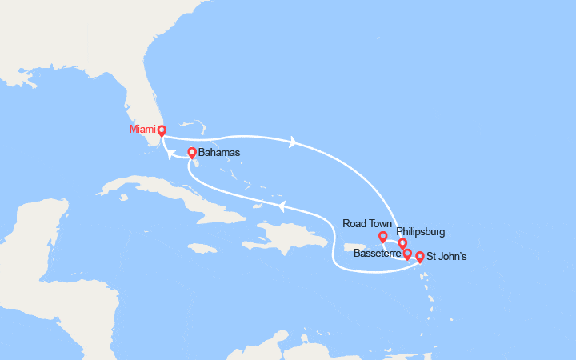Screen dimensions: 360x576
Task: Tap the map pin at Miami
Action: (161, 131)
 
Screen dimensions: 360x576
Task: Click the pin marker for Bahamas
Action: (192, 153)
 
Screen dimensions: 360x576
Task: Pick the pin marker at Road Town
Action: (383, 237)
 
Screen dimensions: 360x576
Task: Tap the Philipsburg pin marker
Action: (402, 244)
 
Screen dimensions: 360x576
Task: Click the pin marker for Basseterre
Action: (407, 254)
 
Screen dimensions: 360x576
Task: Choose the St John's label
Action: (446, 257)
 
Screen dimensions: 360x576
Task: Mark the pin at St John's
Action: (420, 257)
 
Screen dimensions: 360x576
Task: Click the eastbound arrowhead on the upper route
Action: (294, 142)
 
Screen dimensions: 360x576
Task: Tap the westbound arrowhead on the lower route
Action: (282, 206)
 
